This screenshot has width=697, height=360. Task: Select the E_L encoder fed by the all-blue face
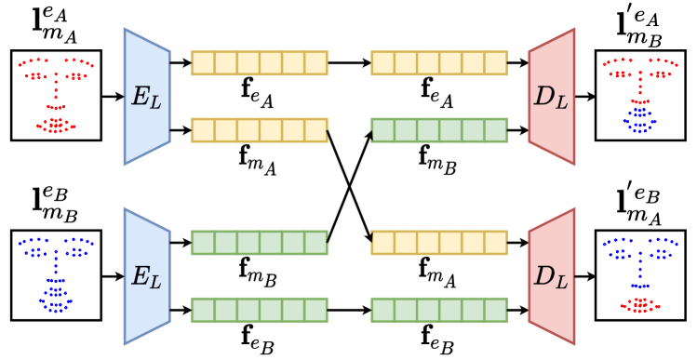point(146,275)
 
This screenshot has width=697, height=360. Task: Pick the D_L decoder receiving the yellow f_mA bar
point(552,275)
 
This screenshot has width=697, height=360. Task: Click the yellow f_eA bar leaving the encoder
point(260,62)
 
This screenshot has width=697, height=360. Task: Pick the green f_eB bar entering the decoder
point(439,308)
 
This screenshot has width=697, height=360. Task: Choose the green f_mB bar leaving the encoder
point(260,243)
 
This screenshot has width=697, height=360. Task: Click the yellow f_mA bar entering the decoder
point(439,243)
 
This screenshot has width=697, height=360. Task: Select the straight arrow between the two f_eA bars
point(349,62)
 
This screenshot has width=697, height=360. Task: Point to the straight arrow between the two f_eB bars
point(349,308)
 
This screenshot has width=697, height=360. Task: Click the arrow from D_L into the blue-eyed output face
point(584,275)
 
